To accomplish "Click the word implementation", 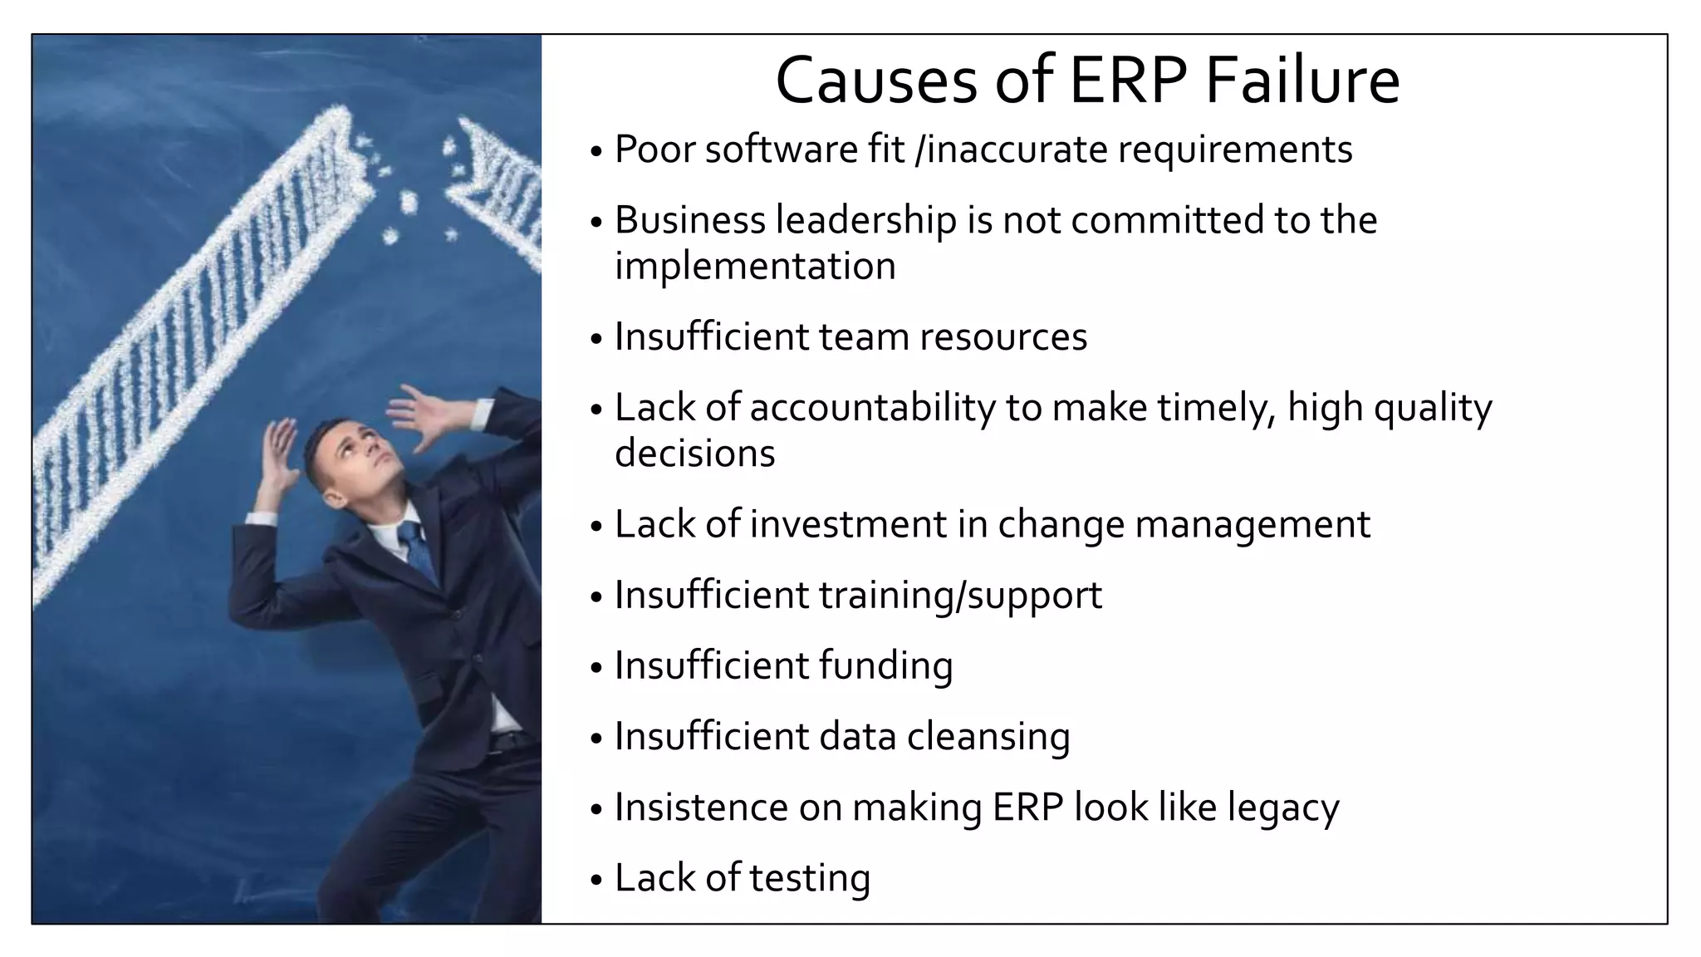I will click(x=755, y=267).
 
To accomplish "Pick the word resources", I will click(x=1002, y=337).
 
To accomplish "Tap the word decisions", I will click(x=694, y=454).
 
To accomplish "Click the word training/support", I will click(x=960, y=596).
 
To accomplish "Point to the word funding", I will click(x=885, y=666).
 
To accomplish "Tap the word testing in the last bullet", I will click(x=810, y=878).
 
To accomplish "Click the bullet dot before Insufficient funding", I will click(x=596, y=668).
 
